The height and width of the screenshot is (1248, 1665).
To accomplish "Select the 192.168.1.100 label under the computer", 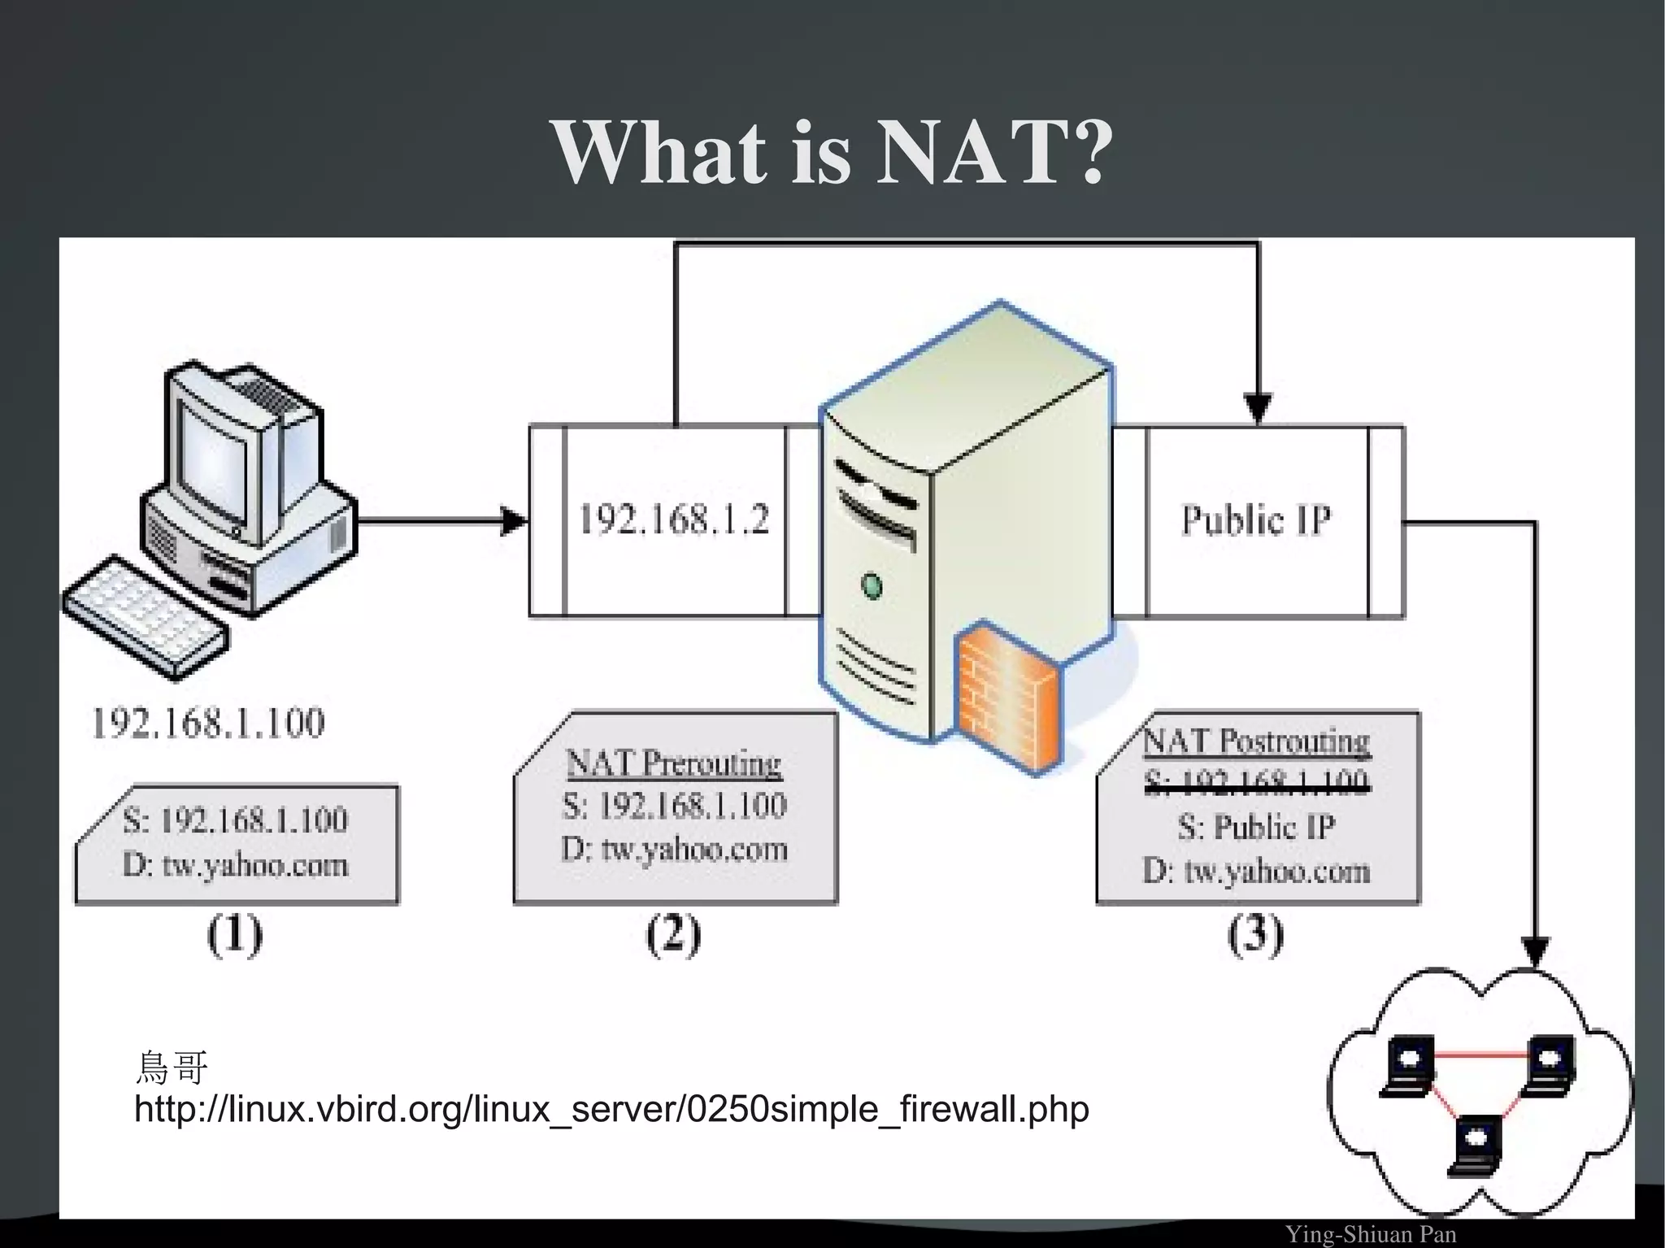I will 208,723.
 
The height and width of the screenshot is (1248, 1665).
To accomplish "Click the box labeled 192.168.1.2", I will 673,520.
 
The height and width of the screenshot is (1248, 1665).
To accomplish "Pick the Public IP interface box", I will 1256,520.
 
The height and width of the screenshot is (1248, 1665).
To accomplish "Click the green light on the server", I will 872,585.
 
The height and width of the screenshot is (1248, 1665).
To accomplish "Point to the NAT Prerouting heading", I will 673,763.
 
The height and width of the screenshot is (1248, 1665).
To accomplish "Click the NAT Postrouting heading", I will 1256,741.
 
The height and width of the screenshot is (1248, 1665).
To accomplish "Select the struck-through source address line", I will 1256,782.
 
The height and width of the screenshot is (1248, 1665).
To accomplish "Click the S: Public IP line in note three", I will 1256,827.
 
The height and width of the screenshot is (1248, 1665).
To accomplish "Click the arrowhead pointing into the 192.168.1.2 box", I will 514,521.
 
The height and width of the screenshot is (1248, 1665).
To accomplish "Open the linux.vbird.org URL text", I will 611,1109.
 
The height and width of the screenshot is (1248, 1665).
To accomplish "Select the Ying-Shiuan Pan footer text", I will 1371,1234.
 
